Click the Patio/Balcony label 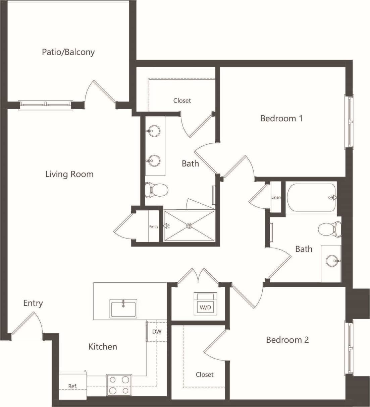coord(68,52)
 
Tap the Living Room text coord(69,174)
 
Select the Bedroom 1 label coord(281,118)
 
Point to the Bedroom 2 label coord(287,340)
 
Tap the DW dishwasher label coord(157,332)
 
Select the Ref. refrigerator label coord(73,386)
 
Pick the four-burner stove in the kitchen coord(119,385)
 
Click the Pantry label coord(154,226)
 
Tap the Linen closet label coord(276,197)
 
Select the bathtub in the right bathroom coord(311,198)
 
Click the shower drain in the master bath coord(189,226)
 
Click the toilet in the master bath coord(156,190)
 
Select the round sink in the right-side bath coord(332,261)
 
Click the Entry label coord(33,303)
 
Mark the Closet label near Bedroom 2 coord(205,375)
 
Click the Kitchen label coord(103,347)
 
